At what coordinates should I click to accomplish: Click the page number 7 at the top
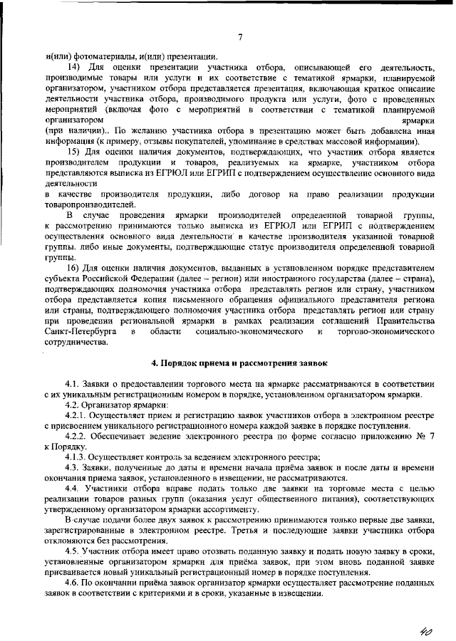239,37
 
